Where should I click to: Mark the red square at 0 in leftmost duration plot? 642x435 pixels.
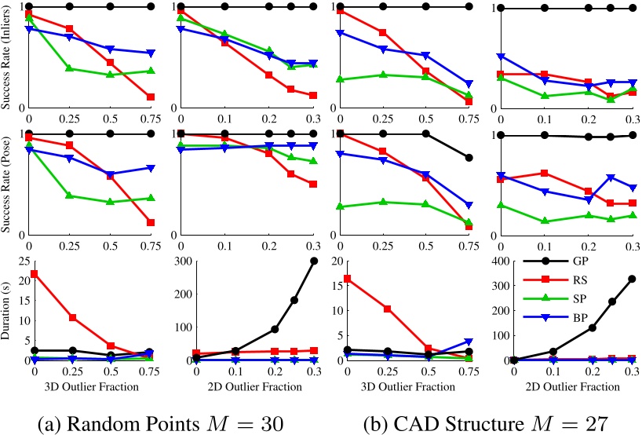point(29,273)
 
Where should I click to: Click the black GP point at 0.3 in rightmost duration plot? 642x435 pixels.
point(632,279)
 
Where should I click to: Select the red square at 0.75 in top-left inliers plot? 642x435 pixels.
point(150,97)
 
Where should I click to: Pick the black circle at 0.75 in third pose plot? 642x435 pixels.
point(469,158)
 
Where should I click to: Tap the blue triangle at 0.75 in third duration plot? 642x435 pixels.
point(469,342)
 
